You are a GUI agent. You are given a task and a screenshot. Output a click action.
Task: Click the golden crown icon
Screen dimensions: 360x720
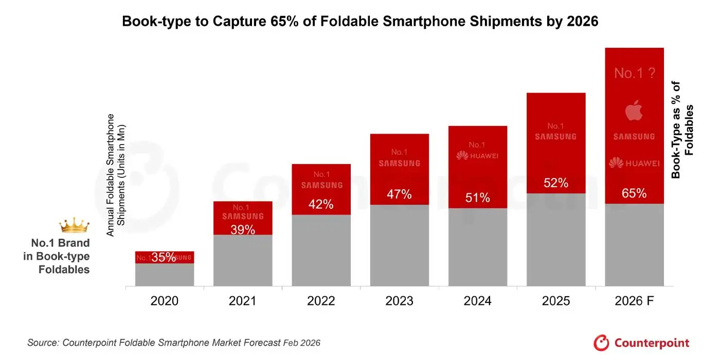click(74, 225)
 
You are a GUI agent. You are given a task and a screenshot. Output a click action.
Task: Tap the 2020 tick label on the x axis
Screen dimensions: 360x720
click(165, 301)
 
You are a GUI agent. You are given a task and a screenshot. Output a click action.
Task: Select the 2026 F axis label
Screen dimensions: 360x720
click(634, 301)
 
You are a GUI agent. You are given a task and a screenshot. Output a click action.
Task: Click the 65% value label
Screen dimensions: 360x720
click(634, 193)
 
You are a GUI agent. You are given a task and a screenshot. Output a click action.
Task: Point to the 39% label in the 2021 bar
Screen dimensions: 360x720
click(243, 230)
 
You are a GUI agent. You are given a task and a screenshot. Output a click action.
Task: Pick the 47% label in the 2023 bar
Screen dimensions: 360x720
click(400, 194)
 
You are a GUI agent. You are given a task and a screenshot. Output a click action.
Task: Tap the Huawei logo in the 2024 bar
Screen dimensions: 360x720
click(478, 155)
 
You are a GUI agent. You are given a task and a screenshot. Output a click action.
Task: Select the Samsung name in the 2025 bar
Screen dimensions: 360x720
click(556, 137)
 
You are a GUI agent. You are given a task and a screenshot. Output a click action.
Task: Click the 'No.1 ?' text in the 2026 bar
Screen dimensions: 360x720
click(634, 73)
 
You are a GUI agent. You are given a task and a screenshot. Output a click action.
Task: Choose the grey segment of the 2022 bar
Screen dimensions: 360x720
click(321, 250)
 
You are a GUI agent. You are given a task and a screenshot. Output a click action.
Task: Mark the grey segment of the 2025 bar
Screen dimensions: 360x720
click(556, 240)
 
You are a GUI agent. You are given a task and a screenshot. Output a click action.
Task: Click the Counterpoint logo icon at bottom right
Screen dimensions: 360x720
click(601, 343)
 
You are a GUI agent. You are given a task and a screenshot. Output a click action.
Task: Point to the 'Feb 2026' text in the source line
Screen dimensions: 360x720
click(302, 343)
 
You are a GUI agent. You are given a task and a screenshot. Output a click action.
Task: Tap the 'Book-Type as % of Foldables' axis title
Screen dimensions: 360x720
click(682, 130)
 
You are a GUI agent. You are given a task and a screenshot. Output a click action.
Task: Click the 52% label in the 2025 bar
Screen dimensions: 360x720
click(556, 183)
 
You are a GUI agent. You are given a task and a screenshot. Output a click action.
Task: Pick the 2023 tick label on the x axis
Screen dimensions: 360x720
click(400, 301)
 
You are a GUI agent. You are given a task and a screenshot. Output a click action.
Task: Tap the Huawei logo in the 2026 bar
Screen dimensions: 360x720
click(634, 163)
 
